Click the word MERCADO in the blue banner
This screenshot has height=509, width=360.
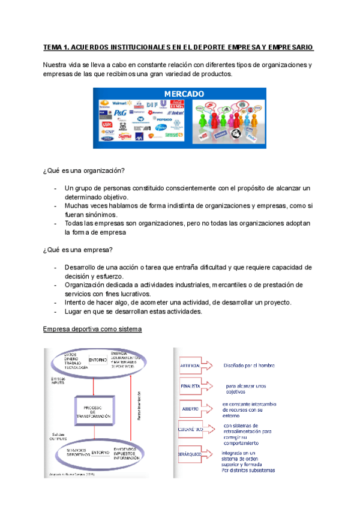click(184, 94)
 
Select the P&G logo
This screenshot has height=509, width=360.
click(120, 112)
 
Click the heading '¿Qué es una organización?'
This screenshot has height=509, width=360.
click(84, 170)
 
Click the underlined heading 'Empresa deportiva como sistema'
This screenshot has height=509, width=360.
click(92, 330)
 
